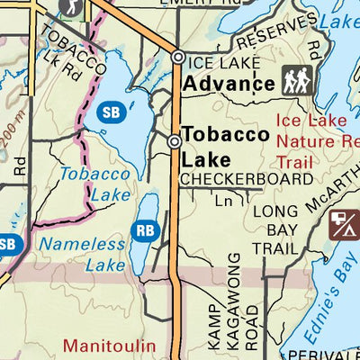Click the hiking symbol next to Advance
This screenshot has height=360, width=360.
click(296, 81)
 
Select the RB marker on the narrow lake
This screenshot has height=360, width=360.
click(145, 229)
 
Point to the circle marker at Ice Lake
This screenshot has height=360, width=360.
click(178, 58)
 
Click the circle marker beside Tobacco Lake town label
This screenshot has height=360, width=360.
click(175, 140)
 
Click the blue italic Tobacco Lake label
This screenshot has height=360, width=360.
click(96, 183)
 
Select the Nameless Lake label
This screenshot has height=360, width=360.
click(82, 254)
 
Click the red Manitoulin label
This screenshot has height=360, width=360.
click(110, 345)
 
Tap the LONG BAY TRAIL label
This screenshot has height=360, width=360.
click(274, 229)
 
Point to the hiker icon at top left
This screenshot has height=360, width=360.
click(69, 8)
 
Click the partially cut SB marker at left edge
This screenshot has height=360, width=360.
click(7, 244)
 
